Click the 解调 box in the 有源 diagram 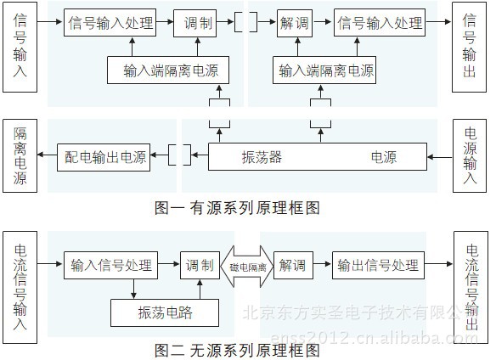coord(291,23)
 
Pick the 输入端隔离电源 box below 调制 coord(170,70)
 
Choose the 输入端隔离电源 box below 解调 coord(325,70)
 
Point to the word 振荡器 coord(262,157)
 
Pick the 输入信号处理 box coord(111,265)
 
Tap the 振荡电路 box coord(165,312)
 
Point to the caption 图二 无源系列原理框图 coord(238,348)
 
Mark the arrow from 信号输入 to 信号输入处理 coord(50,23)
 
